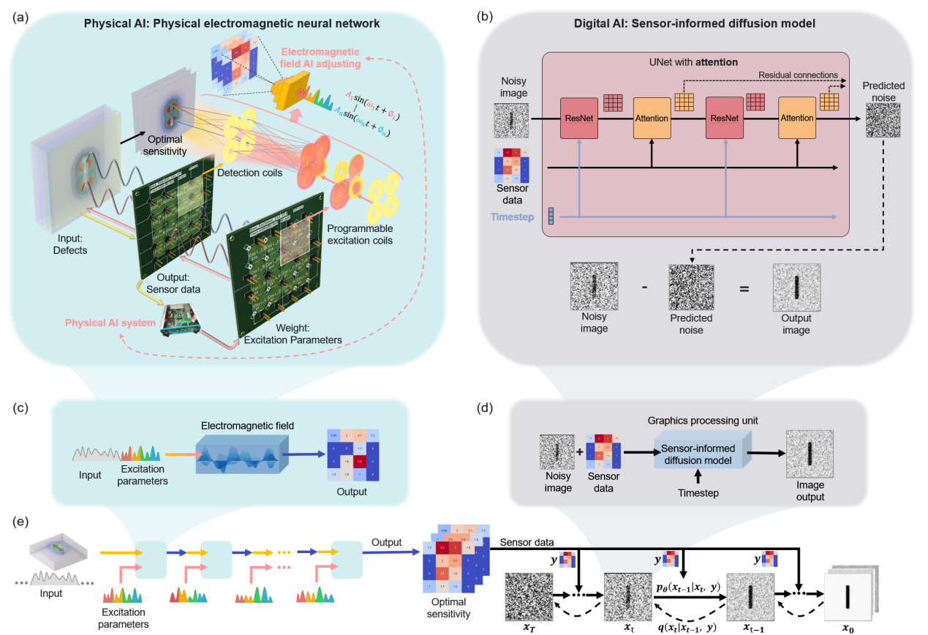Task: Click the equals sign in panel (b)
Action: pyautogui.click(x=744, y=290)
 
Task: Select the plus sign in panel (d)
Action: pyautogui.click(x=580, y=452)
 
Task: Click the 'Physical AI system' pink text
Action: pyautogui.click(x=109, y=322)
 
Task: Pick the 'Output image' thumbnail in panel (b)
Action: pyautogui.click(x=796, y=290)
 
